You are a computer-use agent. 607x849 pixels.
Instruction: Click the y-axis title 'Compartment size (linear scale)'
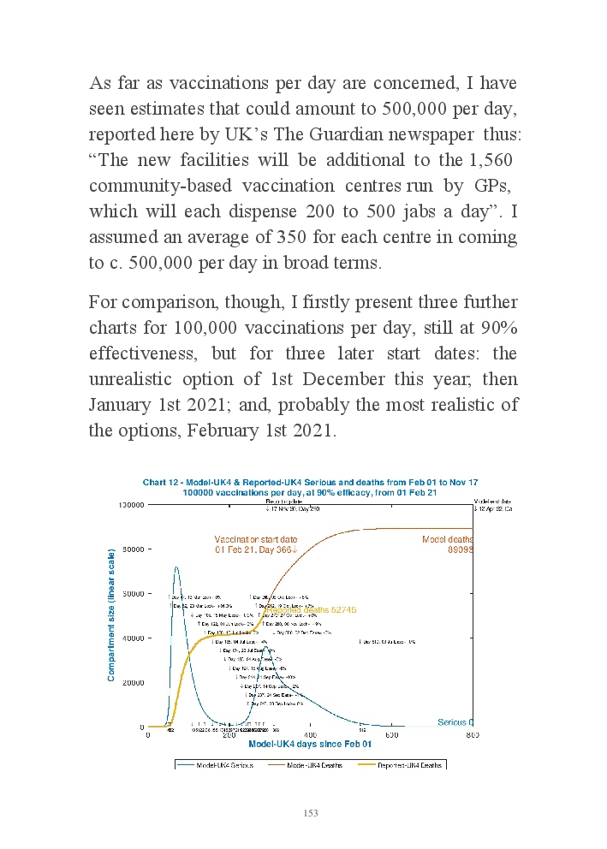(x=111, y=615)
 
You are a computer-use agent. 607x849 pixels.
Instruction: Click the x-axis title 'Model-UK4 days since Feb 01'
(x=310, y=745)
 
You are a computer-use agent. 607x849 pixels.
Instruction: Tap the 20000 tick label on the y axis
(x=133, y=683)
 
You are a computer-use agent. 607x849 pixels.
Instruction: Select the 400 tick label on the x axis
(x=311, y=735)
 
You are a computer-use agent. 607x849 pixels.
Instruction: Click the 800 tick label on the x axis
(x=472, y=735)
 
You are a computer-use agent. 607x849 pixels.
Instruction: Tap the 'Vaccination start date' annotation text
(x=256, y=539)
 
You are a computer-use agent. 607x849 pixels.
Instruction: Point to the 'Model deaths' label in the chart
(x=447, y=539)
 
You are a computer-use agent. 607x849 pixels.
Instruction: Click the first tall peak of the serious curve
(x=176, y=567)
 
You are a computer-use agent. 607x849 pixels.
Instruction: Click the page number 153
(x=310, y=813)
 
